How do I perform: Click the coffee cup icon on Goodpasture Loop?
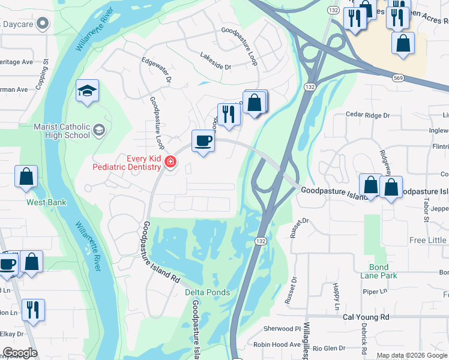pyautogui.click(x=203, y=142)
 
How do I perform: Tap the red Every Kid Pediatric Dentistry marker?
pyautogui.click(x=170, y=162)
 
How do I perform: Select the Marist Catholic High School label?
pyautogui.click(x=62, y=131)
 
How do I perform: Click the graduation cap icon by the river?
pyautogui.click(x=87, y=91)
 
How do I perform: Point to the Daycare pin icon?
pyautogui.click(x=42, y=23)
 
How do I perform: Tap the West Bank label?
pyautogui.click(x=46, y=202)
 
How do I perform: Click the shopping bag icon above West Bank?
pyautogui.click(x=26, y=177)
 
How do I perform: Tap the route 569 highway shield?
pyautogui.click(x=398, y=77)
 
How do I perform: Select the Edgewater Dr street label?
pyautogui.click(x=157, y=69)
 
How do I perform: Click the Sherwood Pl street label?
pyautogui.click(x=282, y=329)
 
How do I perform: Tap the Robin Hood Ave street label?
pyautogui.click(x=277, y=344)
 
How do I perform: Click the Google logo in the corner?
pyautogui.click(x=19, y=353)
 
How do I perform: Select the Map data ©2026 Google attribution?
pyautogui.click(x=412, y=355)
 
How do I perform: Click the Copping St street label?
pyautogui.click(x=41, y=73)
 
